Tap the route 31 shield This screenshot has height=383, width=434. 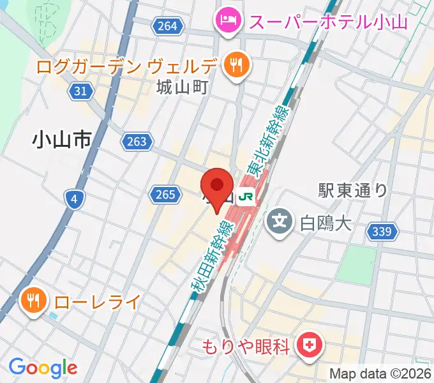[80, 91]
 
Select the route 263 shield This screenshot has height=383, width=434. [137, 142]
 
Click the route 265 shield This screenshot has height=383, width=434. [164, 194]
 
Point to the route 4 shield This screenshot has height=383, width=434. [75, 200]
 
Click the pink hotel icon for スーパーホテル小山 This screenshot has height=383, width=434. [227, 19]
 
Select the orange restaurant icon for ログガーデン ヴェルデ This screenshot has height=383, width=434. [235, 64]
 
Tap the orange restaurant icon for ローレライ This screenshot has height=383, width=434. [32, 299]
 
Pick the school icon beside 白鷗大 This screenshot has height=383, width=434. [279, 222]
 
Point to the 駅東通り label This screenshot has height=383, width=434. [353, 190]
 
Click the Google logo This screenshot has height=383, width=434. [43, 367]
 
